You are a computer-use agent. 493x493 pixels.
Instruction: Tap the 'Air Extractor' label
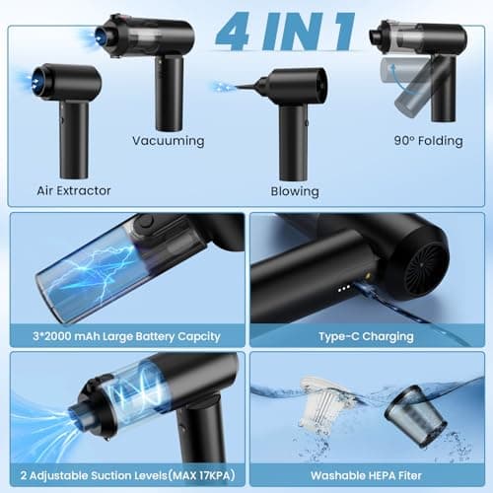tap(73, 190)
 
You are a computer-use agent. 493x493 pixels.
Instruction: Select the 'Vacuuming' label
tap(169, 141)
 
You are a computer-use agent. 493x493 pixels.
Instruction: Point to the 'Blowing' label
tap(295, 191)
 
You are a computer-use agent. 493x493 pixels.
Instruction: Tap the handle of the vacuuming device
tap(170, 95)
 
